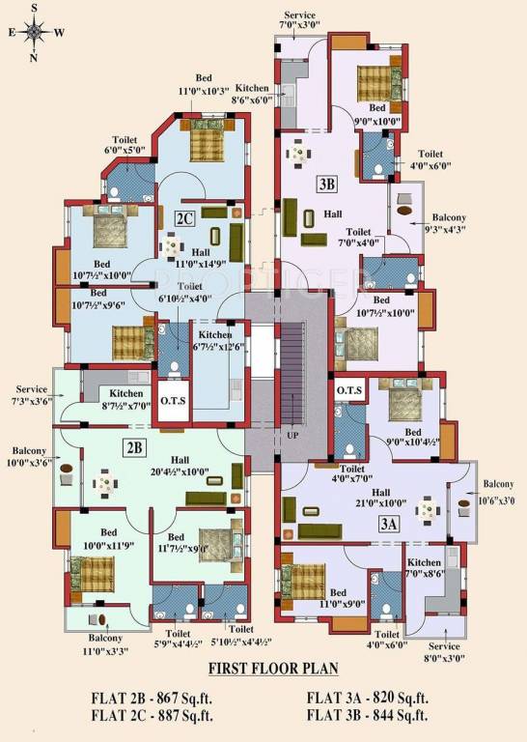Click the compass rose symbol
(35, 31)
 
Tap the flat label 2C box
(185, 218)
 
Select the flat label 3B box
(326, 184)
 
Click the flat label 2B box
(135, 447)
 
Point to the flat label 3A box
(389, 526)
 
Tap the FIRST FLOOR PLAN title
(269, 668)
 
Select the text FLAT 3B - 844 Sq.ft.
(368, 715)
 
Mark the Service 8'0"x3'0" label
(445, 652)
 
